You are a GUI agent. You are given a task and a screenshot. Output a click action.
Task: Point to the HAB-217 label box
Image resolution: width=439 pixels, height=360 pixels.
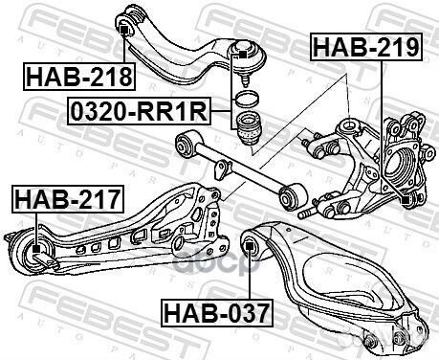[x=66, y=200]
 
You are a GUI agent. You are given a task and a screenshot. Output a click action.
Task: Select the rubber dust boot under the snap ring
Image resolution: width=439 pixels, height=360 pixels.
[x=250, y=129]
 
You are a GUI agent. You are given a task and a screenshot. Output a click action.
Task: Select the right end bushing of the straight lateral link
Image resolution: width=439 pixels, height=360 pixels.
[x=290, y=195]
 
